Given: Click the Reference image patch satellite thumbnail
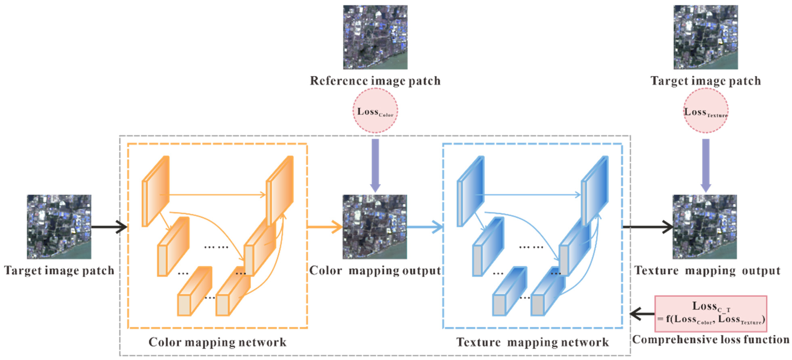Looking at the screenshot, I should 375,37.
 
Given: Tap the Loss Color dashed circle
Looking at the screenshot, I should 375,111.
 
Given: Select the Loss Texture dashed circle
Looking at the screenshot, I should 706,111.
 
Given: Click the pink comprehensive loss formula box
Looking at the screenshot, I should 711,314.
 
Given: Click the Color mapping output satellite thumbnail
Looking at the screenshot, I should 375,227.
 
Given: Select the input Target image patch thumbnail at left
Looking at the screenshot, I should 59,227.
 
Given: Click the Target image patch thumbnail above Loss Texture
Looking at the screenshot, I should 706,37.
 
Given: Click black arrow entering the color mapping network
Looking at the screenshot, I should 109,227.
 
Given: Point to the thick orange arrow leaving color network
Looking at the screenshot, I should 325,227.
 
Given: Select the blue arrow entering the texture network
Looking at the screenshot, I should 424,227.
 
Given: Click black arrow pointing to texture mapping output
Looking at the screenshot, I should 647,227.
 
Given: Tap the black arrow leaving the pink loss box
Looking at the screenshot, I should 642,314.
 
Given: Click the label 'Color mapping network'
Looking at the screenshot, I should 217,342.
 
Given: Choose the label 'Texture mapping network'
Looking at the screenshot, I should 532,342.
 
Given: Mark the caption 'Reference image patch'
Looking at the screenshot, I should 375,81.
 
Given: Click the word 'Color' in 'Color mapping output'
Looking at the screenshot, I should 325,271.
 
